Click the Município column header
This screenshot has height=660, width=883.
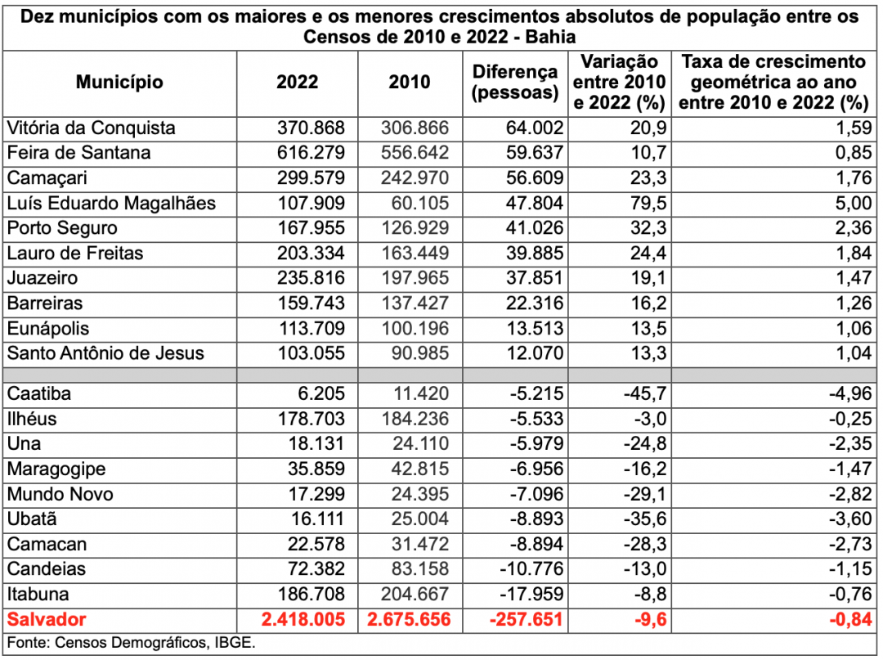coord(119,83)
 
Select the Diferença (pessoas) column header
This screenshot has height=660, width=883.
coord(515,83)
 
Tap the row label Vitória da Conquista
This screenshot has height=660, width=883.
coord(91,128)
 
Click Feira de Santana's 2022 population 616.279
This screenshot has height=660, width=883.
coord(311,153)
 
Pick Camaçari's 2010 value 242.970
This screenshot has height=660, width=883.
coord(415,178)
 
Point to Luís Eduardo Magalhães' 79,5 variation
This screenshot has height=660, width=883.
coord(648,203)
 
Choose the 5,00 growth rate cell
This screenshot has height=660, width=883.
coord(853,203)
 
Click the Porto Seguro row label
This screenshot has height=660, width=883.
coord(62,228)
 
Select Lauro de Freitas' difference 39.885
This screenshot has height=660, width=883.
coord(535,253)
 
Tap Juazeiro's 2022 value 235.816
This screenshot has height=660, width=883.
coord(311,278)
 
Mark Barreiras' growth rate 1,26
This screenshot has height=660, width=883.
coord(854,303)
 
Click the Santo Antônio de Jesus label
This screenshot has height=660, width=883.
coord(105,353)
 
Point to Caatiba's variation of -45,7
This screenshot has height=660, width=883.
coord(645,393)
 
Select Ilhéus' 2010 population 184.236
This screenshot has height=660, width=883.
coord(415,419)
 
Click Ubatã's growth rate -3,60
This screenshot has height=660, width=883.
coord(850,519)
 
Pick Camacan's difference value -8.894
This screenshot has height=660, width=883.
coord(536,544)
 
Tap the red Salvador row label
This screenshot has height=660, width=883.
coord(46,619)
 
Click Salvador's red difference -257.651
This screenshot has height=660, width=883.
coord(526,619)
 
